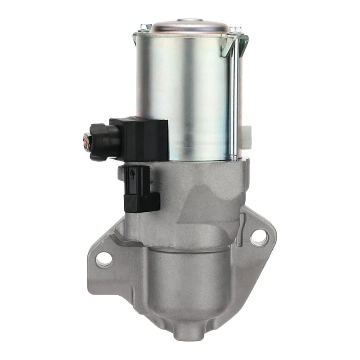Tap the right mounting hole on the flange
click(x=259, y=237)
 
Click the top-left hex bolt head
click(x=145, y=28)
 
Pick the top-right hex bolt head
click(x=234, y=31)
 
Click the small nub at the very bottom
click(x=189, y=335)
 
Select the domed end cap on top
click(x=189, y=26)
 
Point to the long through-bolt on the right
click(x=233, y=103)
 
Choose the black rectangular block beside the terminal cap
click(x=143, y=139)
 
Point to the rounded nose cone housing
click(x=189, y=288)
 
